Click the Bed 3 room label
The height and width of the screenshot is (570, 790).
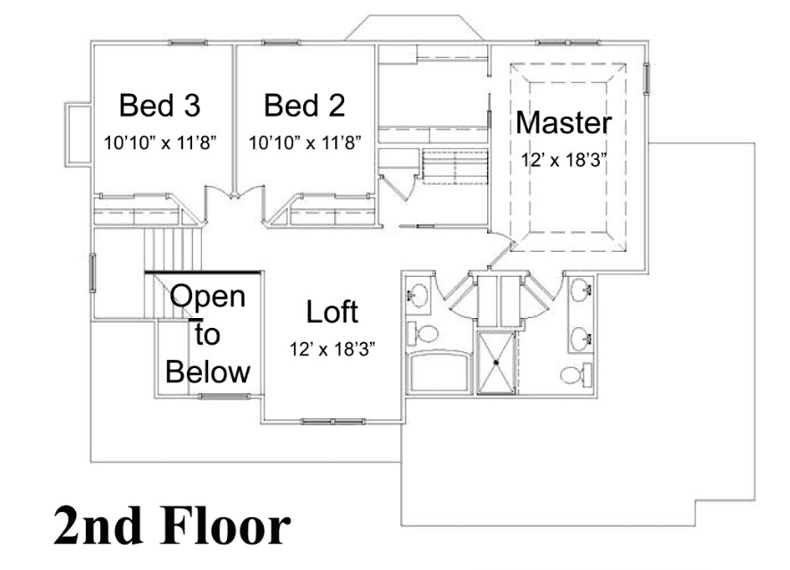coord(160,105)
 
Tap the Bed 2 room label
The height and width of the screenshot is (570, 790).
coord(305,105)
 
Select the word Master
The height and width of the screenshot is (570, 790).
coord(564,122)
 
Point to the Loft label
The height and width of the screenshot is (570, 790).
coord(332,312)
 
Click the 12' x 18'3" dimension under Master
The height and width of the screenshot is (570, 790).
coord(563,160)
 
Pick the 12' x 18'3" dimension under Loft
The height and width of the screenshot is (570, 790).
coord(332,348)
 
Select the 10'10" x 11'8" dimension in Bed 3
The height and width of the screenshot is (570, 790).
coord(160,143)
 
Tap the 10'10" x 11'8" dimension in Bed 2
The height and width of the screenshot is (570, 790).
coord(305,143)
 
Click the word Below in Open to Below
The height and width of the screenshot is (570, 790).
coord(207,373)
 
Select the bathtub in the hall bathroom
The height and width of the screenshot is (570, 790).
coord(441,373)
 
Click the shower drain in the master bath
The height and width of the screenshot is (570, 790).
coord(496,362)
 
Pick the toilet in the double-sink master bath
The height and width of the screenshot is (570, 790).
coord(576,374)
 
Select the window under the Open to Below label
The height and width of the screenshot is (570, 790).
coord(223,397)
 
